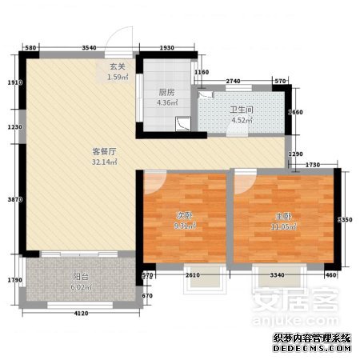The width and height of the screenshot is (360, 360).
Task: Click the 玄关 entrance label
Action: click(115, 67)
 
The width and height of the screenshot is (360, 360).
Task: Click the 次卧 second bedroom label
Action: click(184, 216)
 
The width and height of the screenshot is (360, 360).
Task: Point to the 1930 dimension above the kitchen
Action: click(166, 50)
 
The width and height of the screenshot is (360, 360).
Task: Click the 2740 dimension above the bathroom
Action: click(234, 82)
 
